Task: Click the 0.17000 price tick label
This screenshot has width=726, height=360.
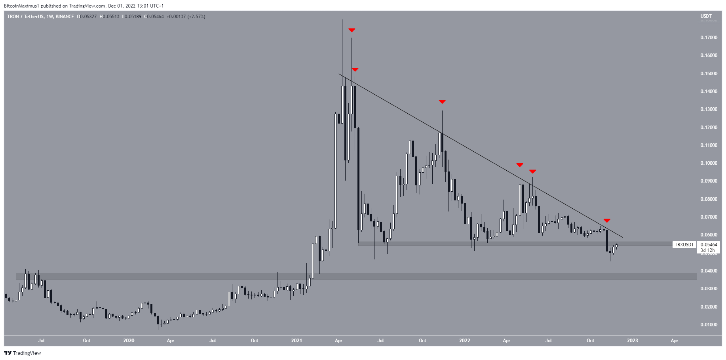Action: [709, 38]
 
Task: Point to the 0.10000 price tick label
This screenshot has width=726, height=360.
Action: [709, 163]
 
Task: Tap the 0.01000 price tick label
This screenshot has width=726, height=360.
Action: [709, 325]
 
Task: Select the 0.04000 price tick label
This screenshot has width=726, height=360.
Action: [709, 271]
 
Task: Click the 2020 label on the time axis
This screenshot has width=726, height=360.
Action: [129, 341]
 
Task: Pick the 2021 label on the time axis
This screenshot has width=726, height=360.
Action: [296, 341]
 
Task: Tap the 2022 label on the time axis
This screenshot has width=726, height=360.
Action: [464, 341]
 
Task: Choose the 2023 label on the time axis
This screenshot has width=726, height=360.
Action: [632, 341]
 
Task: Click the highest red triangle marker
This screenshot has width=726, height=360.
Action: [352, 30]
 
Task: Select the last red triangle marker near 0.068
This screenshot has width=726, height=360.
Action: [607, 221]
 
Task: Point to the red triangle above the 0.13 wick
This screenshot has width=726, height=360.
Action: [442, 102]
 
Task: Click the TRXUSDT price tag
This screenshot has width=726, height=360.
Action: [684, 245]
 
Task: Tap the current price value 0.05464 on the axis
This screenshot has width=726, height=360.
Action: [709, 245]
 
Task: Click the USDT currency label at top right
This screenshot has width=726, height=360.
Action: [706, 16]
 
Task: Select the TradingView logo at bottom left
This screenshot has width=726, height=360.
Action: [23, 353]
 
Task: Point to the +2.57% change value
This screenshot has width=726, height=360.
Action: [196, 17]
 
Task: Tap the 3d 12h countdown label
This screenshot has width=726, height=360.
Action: [707, 250]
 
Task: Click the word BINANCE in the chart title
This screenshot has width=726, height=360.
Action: [65, 17]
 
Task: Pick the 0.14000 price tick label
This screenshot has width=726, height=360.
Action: [709, 91]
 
